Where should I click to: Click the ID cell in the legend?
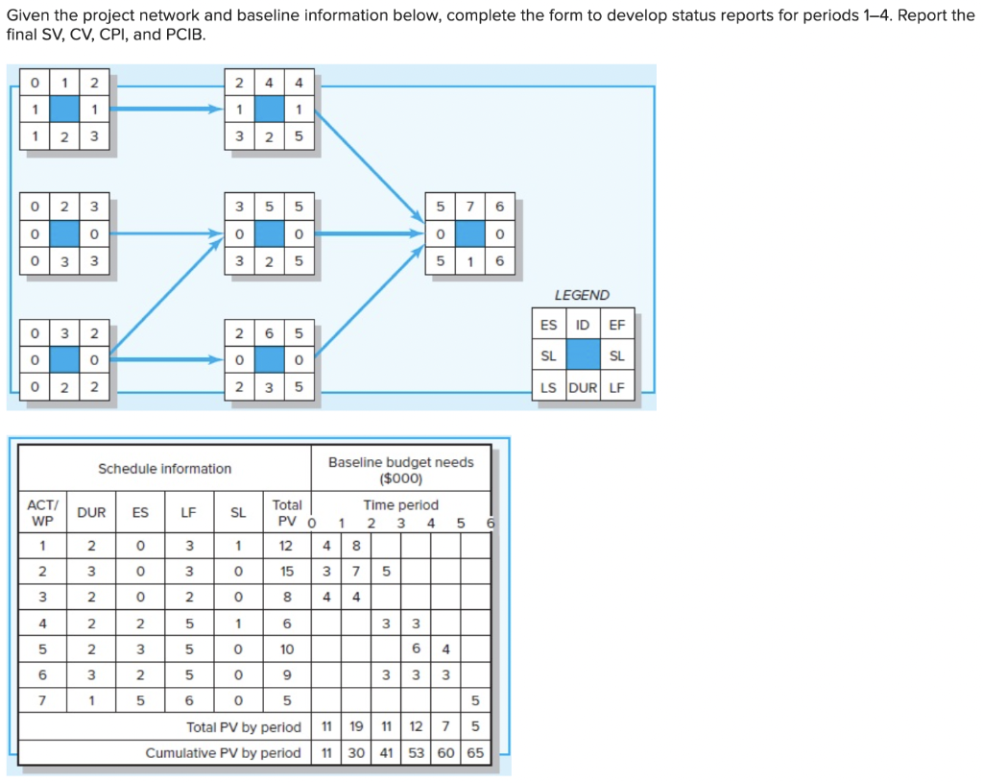click(583, 325)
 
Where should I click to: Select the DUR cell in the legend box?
click(583, 388)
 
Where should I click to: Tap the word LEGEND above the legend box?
click(582, 295)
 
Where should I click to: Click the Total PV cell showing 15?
click(287, 572)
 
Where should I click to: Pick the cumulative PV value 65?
click(475, 752)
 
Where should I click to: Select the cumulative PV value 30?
click(355, 752)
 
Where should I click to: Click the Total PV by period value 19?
click(355, 727)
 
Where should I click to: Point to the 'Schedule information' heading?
click(164, 469)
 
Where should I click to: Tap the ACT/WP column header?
click(42, 512)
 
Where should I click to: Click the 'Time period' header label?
click(400, 504)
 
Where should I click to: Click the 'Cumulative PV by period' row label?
click(223, 752)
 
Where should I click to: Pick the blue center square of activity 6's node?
click(270, 359)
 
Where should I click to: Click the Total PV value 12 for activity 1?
click(287, 547)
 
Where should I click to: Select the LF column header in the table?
click(188, 512)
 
